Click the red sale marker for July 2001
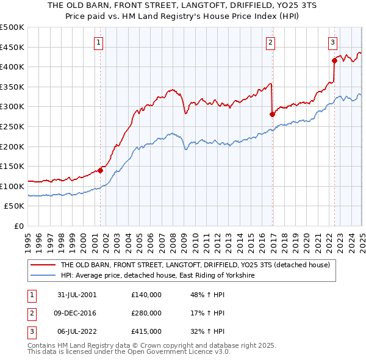click(x=101, y=171)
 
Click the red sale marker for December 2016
click(x=272, y=114)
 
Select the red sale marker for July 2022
click(x=334, y=60)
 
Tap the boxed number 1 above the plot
click(x=99, y=42)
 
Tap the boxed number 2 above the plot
click(x=270, y=42)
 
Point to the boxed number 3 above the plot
click(x=332, y=42)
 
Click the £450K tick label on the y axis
click(x=12, y=47)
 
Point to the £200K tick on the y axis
click(x=12, y=146)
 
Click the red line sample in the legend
click(x=43, y=265)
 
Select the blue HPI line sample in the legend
click(x=43, y=276)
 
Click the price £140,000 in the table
click(x=146, y=295)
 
